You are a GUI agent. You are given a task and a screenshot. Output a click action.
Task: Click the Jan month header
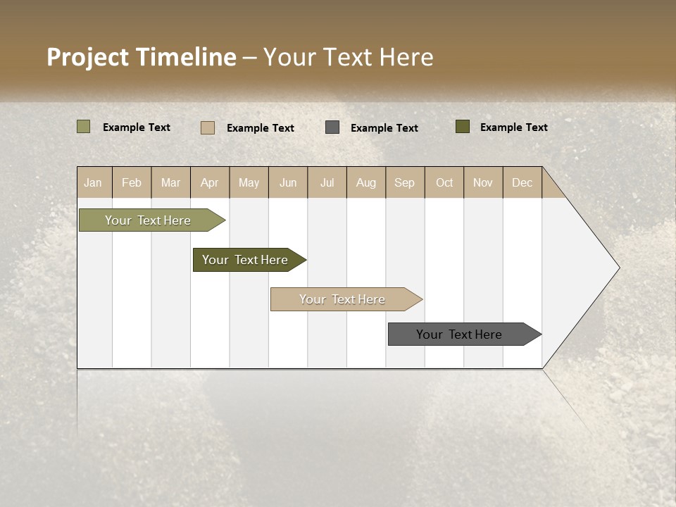[x=93, y=182]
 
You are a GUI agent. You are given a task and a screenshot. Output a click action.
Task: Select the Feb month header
[x=132, y=182]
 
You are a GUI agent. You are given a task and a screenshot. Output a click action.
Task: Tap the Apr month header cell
[x=209, y=182]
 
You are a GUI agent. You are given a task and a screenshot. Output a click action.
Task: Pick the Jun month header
[x=288, y=182]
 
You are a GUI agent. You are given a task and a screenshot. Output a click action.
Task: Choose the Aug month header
[x=365, y=182]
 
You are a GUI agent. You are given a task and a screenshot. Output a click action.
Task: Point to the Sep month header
[x=404, y=182]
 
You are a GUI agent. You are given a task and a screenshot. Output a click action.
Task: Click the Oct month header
[x=444, y=182]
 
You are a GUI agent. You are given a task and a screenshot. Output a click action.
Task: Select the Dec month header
[x=522, y=182]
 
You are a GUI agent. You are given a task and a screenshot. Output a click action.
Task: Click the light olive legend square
[x=84, y=127]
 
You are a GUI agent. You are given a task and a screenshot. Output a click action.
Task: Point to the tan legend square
[x=208, y=127]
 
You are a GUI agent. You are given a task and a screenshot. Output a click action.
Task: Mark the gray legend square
[x=332, y=127]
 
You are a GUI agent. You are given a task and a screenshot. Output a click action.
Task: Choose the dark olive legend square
[x=463, y=127]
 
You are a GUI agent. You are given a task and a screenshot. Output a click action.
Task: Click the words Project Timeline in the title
[x=141, y=57]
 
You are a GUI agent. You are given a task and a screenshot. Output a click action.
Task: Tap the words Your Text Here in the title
[x=349, y=57]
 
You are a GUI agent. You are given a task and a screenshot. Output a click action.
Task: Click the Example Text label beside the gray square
[x=384, y=128]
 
